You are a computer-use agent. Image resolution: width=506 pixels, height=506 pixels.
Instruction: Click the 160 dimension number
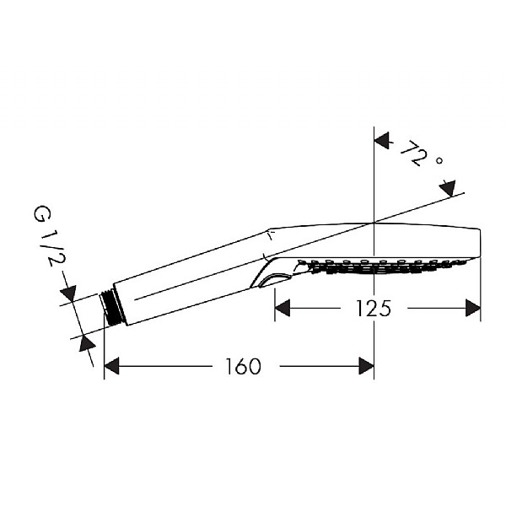243,366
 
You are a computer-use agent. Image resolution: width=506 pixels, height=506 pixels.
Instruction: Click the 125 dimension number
373,308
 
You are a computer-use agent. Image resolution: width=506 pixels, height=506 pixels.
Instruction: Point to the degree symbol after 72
439,160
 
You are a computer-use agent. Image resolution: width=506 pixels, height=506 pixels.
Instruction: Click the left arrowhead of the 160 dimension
111,366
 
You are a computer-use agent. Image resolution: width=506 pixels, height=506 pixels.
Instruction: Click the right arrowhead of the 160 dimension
366,366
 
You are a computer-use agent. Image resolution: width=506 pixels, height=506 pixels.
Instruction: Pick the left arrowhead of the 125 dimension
283,308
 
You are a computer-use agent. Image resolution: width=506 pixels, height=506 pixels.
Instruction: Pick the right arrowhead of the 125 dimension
473,308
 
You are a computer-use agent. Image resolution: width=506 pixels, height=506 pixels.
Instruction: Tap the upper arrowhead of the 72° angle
383,140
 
